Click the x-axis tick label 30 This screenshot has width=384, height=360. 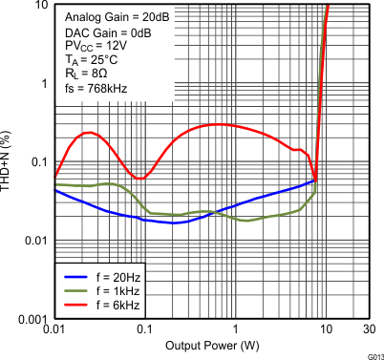(368, 329)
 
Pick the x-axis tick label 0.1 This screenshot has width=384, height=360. (143, 329)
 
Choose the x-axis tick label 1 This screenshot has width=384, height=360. (234, 329)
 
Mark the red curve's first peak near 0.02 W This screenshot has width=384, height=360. (88, 133)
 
